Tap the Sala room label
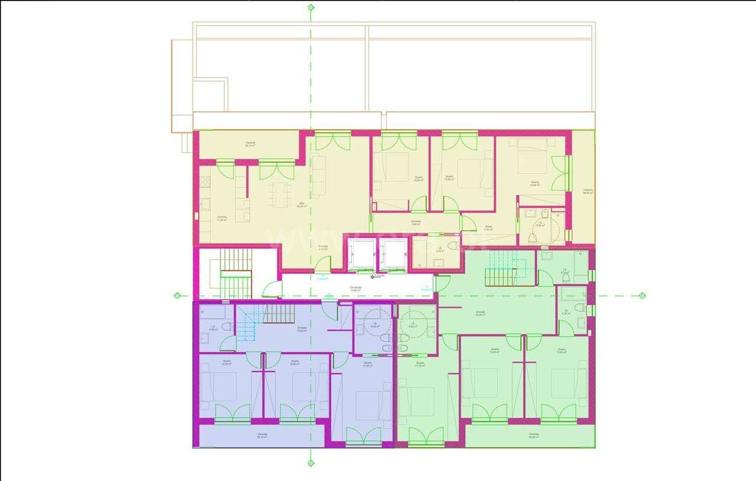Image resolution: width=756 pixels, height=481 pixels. (x=301, y=204)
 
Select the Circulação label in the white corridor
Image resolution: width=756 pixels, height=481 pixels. (x=355, y=289)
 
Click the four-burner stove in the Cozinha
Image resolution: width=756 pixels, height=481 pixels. (x=205, y=204)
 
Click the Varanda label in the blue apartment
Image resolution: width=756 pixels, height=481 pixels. (x=262, y=435)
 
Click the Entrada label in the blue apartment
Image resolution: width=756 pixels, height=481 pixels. (x=302, y=329)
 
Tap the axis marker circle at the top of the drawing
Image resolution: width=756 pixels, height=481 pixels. (x=311, y=8)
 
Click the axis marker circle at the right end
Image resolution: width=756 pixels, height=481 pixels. (x=642, y=295)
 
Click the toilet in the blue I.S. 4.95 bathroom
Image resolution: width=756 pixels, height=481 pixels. (x=227, y=326)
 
